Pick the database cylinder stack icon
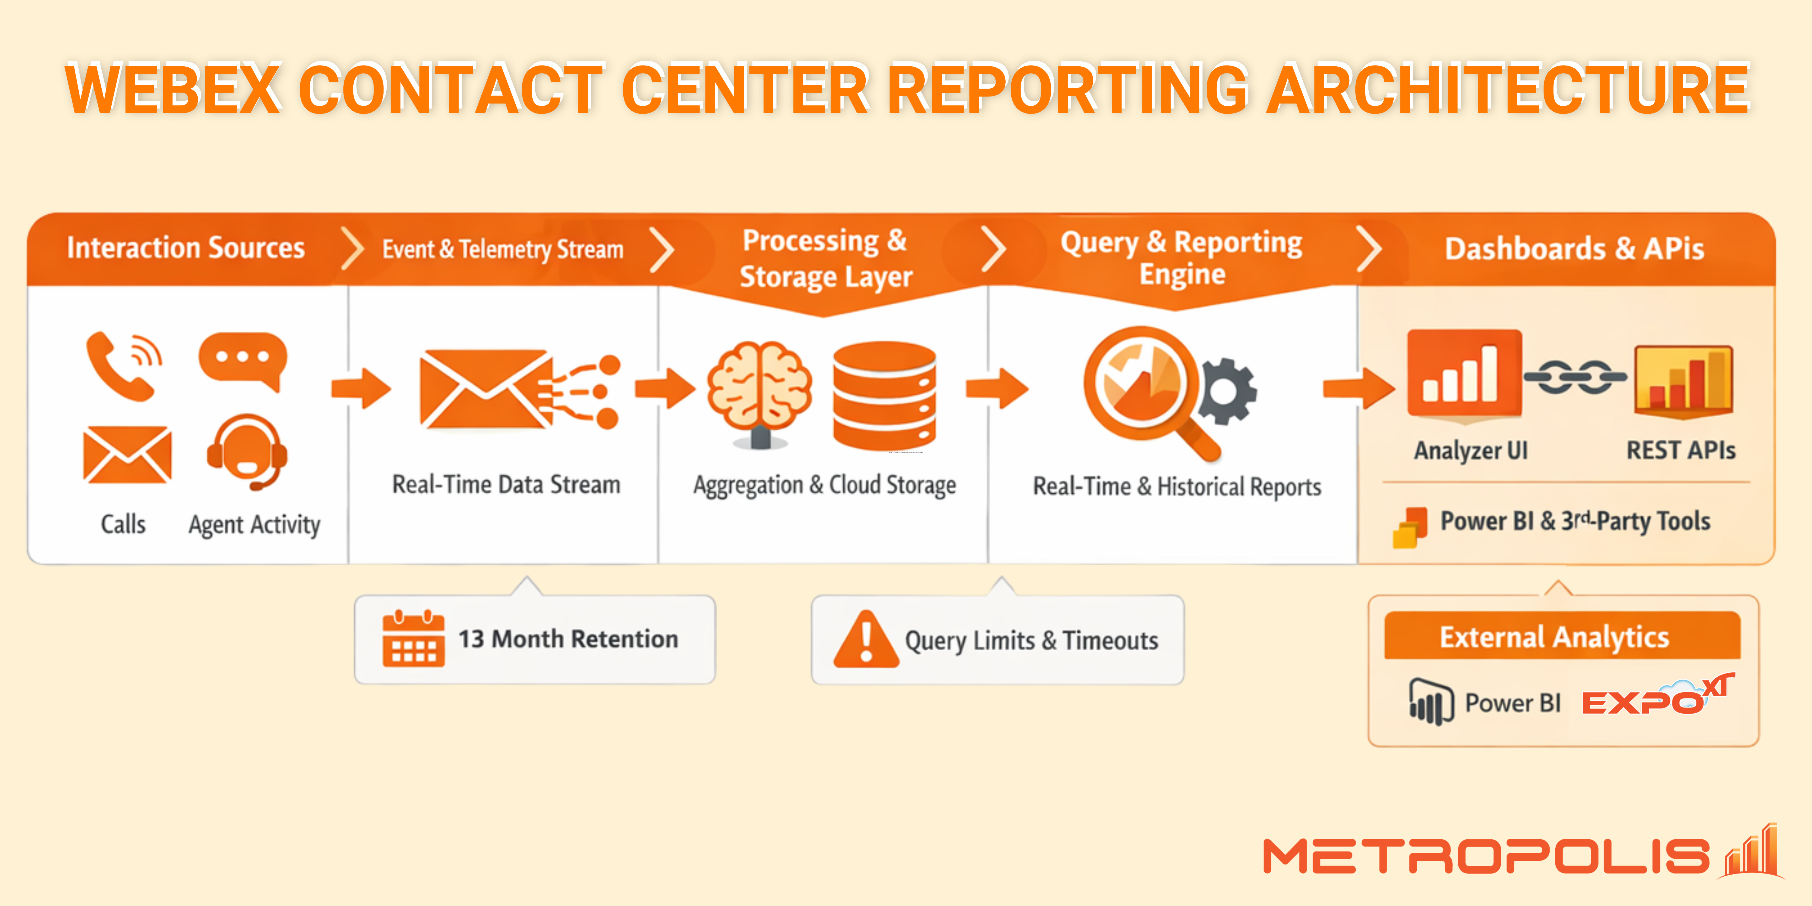(x=884, y=394)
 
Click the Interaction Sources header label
(x=186, y=247)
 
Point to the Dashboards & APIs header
(x=1574, y=248)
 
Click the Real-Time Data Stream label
(x=506, y=485)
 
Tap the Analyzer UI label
(x=1471, y=450)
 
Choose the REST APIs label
(x=1680, y=450)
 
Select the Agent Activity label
(x=254, y=525)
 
